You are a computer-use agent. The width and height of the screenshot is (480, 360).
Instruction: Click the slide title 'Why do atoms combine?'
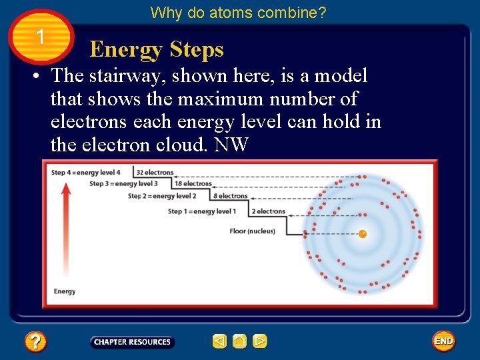[x=238, y=13]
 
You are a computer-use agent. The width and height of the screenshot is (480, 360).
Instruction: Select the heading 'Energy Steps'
[x=157, y=49]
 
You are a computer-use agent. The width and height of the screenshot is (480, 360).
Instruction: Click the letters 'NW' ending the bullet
[x=231, y=145]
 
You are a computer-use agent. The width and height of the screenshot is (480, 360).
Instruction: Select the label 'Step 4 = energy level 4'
[x=86, y=173]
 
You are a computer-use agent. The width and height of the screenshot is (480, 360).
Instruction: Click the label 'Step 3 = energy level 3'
[x=123, y=184]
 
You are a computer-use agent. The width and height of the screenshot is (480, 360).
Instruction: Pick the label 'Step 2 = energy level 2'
[x=162, y=196]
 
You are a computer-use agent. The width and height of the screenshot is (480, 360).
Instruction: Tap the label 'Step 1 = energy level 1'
[x=202, y=211]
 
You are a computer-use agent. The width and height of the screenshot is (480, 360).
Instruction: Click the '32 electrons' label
[x=155, y=173]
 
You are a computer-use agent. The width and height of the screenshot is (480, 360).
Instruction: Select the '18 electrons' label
[x=193, y=184]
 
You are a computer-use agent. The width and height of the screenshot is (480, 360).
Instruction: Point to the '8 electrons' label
[x=231, y=196]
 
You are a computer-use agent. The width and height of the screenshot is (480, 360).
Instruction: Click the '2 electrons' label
[x=268, y=211]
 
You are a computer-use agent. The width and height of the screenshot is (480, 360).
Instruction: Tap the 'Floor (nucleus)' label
[x=252, y=231]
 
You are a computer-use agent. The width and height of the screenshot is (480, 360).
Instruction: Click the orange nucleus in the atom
[x=363, y=234]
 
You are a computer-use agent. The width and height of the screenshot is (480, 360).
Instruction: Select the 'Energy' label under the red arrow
[x=65, y=291]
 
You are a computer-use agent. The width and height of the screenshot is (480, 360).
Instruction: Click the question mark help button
[x=35, y=342]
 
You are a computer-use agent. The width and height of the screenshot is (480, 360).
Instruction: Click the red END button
[x=443, y=341]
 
